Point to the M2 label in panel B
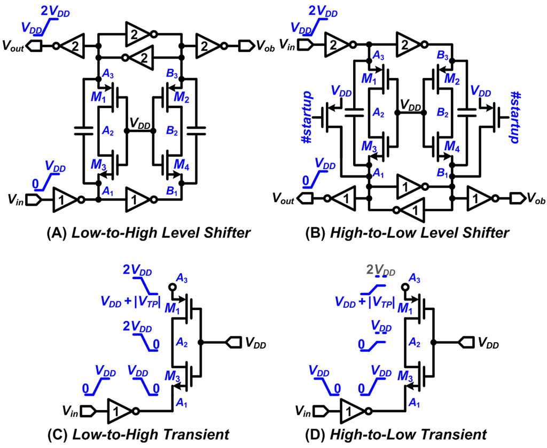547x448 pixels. point(451,80)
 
